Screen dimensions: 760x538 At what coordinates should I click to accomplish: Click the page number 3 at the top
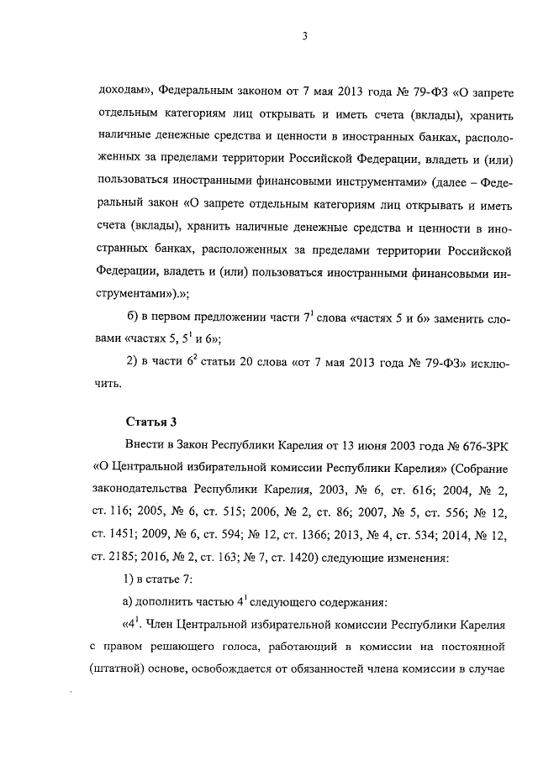(x=307, y=35)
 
